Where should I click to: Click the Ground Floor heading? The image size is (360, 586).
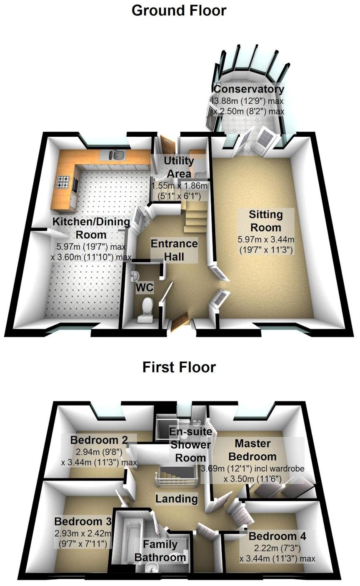click(179, 10)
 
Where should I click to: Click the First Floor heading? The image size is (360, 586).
click(179, 367)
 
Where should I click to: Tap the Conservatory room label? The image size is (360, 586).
click(249, 89)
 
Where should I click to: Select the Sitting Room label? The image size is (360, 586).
click(265, 221)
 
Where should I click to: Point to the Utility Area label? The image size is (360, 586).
click(178, 167)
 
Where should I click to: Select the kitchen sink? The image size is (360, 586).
click(117, 156)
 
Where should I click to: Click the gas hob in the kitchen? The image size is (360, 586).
click(63, 182)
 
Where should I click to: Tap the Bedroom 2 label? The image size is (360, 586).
click(99, 440)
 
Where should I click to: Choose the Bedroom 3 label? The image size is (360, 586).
click(83, 521)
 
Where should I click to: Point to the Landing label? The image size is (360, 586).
click(177, 498)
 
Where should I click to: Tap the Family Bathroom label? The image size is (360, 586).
click(160, 550)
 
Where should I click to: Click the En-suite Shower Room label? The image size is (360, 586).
click(191, 444)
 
